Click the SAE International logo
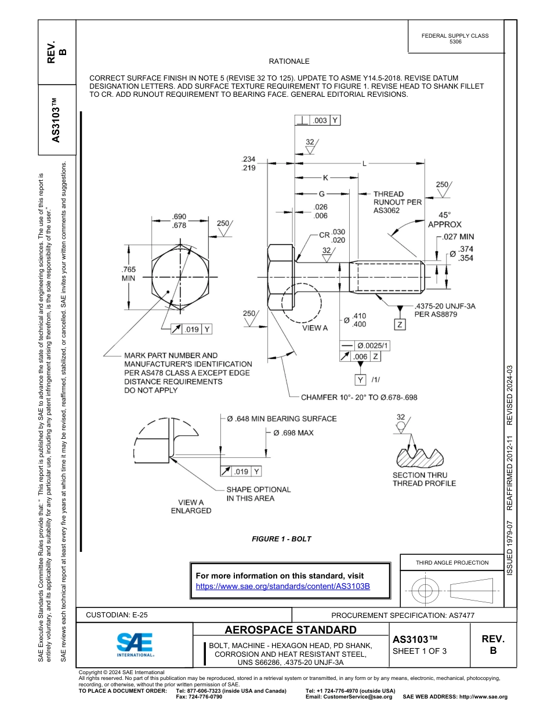[135, 644]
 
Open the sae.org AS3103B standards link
[283, 586]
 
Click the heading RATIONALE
[289, 61]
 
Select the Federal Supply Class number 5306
[455, 42]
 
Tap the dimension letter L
[364, 163]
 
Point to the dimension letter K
[325, 177]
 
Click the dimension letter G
[321, 194]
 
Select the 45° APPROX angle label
[444, 219]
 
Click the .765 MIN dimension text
[129, 274]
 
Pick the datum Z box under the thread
[400, 325]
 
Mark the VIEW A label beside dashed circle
[315, 328]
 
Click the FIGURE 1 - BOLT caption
[281, 539]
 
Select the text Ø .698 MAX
[293, 433]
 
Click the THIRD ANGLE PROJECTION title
[452, 562]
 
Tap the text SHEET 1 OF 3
[419, 650]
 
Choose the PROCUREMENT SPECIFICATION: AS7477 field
[403, 615]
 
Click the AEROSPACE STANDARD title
[291, 630]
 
